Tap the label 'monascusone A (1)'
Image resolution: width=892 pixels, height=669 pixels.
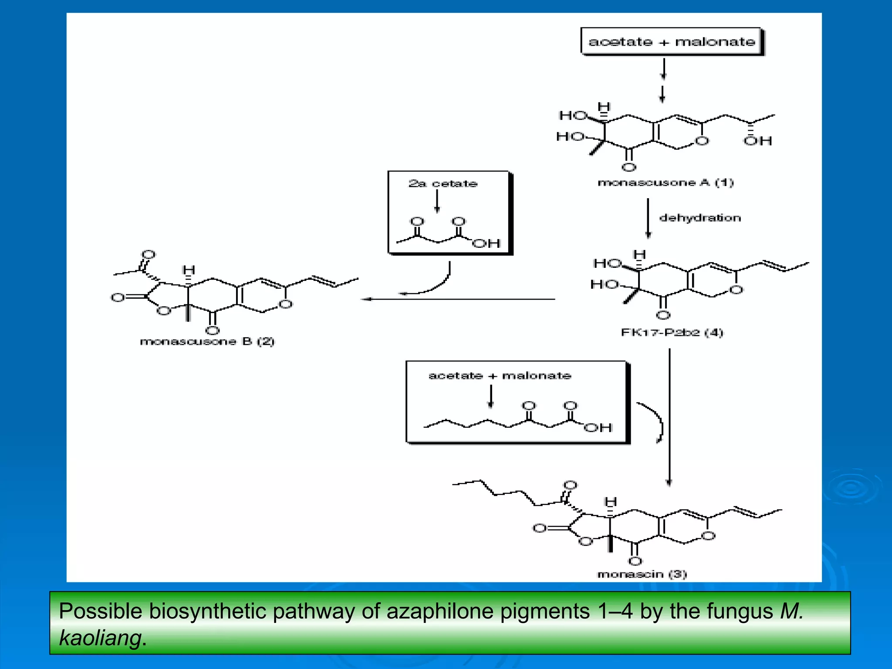coord(666,182)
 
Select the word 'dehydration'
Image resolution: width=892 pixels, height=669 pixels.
coord(700,218)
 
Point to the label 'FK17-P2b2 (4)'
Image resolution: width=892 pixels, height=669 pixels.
coord(672,333)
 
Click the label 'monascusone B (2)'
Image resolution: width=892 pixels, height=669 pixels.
coord(207,341)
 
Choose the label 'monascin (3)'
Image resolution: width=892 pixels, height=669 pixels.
coord(642,574)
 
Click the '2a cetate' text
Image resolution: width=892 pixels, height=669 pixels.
coord(443,184)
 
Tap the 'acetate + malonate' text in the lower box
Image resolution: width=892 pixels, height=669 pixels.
coord(500,376)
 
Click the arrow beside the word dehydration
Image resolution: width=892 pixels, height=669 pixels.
coord(648,218)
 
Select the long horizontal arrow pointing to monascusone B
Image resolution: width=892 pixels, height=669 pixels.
coord(457,299)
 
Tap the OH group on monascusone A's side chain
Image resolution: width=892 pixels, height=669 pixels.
coord(757,141)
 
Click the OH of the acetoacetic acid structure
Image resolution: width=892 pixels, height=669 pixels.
coord(486,243)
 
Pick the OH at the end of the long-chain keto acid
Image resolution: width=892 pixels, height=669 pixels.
coord(598,428)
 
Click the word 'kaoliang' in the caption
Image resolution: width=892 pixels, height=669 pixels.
coord(100,638)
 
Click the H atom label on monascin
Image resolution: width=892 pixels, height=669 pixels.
coord(611,502)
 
